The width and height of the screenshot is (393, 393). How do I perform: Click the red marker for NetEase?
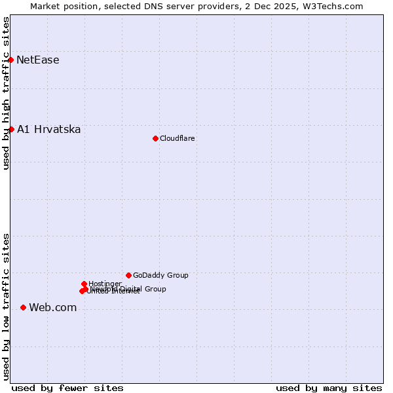(x=10, y=60)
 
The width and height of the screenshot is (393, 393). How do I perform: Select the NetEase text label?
(x=38, y=60)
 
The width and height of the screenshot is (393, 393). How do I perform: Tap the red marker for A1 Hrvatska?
(x=11, y=129)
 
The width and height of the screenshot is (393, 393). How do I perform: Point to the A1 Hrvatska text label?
(x=49, y=130)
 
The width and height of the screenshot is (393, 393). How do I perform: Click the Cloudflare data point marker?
(x=155, y=138)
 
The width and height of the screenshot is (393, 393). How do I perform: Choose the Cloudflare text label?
(x=178, y=138)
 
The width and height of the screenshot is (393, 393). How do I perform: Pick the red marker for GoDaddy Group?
(x=128, y=275)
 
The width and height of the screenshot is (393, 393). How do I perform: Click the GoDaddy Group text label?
(x=160, y=276)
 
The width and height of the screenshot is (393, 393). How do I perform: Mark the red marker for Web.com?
(x=23, y=307)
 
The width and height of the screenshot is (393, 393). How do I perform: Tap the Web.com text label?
(x=53, y=308)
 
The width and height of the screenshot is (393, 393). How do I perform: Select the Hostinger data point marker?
(x=84, y=284)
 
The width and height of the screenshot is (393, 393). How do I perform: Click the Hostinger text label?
(x=105, y=284)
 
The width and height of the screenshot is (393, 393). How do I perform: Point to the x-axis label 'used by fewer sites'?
(x=67, y=388)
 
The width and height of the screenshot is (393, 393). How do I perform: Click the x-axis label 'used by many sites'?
(x=329, y=388)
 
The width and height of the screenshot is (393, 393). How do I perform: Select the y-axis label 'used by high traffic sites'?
(x=6, y=93)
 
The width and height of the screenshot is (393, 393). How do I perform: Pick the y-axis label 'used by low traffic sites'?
(x=6, y=307)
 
